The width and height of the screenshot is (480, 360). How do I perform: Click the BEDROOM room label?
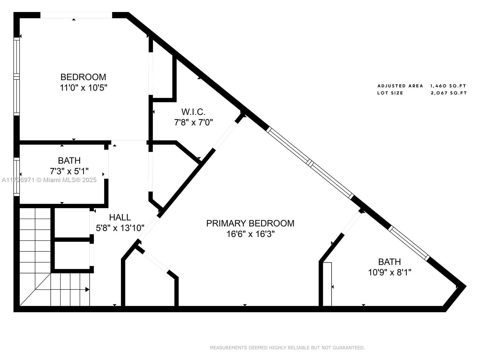pos(83,77)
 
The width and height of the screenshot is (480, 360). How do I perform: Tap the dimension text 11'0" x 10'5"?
pos(83,88)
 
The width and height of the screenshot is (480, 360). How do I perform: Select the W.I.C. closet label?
pos(193,112)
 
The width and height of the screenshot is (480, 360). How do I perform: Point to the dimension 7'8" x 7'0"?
pos(193,122)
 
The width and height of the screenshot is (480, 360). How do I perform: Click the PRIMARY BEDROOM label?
pos(250,223)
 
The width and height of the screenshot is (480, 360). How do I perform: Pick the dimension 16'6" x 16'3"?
pos(250,234)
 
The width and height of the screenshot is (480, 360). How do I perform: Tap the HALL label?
pos(120,217)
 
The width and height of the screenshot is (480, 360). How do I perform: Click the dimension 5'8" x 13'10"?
pos(120,228)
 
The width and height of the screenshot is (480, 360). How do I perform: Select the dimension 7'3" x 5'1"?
pos(69,171)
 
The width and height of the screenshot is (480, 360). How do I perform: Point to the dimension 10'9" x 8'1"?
pos(390,273)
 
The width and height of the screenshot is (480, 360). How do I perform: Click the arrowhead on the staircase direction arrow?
pos(87,289)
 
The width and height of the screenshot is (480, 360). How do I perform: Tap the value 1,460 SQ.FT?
pos(448,86)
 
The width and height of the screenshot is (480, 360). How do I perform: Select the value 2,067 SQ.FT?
pos(449,93)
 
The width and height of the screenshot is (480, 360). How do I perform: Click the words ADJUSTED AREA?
pos(400,86)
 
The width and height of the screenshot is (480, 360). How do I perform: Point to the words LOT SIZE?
pos(390,93)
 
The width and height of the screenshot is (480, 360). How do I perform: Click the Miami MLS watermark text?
pos(49,180)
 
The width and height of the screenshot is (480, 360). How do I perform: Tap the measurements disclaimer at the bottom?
pos(287,347)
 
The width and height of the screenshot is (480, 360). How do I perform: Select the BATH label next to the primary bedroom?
pos(389,262)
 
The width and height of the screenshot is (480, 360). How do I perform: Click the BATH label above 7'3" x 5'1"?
pos(69,161)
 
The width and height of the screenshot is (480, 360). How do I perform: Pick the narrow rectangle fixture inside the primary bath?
pos(327,284)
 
